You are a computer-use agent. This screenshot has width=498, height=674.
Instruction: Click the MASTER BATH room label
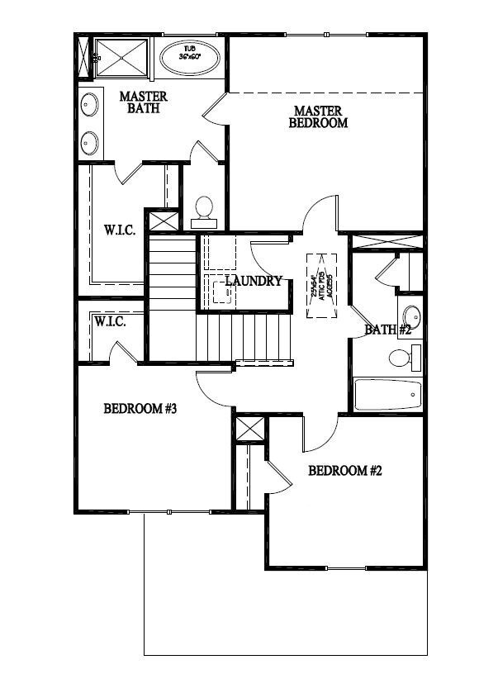tap(143, 102)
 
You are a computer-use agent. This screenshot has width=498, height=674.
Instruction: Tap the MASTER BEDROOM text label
tap(318, 116)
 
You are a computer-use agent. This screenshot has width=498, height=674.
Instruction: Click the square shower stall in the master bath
tap(121, 58)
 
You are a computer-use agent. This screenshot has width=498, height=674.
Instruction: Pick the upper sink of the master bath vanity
tap(89, 105)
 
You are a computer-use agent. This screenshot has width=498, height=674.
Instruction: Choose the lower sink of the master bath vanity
tap(89, 143)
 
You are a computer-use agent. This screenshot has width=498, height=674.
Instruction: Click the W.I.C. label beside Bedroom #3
tap(110, 320)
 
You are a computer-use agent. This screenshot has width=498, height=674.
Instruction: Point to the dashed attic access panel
tap(321, 284)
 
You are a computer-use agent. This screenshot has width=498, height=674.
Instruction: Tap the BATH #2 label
tap(388, 330)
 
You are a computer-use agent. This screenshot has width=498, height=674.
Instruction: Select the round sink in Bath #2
tap(410, 315)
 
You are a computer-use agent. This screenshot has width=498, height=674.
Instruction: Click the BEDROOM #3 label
tap(140, 409)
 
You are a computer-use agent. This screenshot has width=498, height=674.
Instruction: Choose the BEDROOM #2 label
tap(344, 471)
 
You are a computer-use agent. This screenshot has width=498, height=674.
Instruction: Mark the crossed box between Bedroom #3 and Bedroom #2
tap(249, 430)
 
